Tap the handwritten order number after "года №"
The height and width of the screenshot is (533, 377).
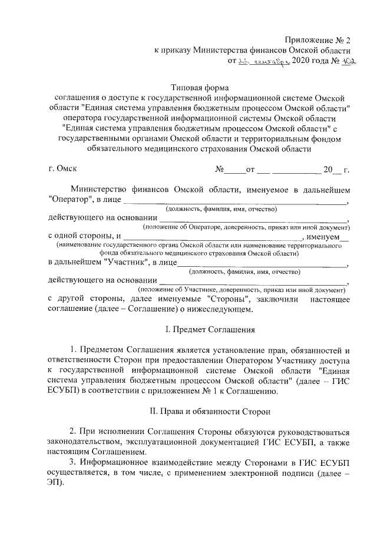(350, 61)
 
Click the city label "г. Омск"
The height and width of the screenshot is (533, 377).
(63, 170)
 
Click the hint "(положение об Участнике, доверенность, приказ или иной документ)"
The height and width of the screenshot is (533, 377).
(241, 290)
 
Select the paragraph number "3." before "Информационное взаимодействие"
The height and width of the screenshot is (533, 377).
(74, 458)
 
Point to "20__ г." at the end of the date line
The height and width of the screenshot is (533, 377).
(336, 170)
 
